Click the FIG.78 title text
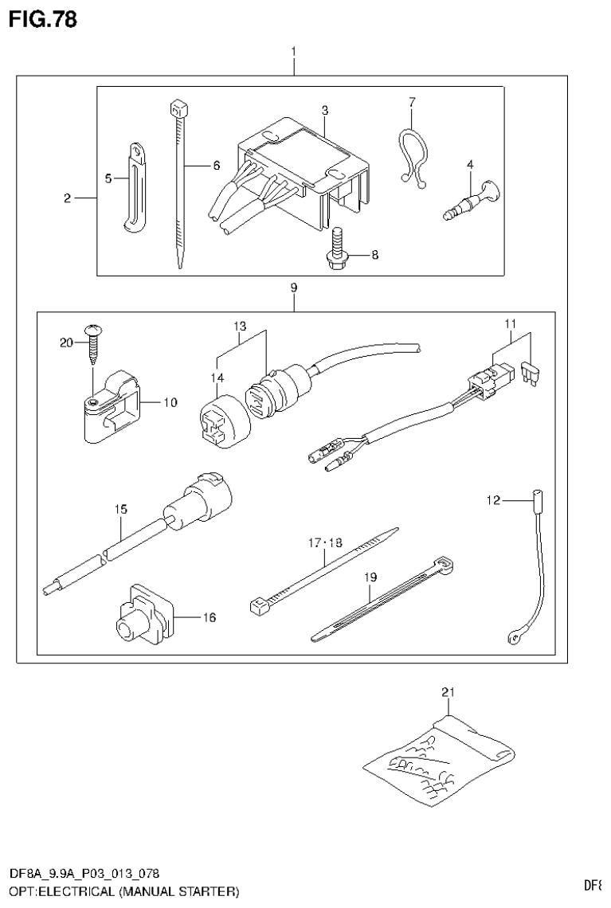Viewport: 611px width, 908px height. tap(44, 19)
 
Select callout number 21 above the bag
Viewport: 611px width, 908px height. tap(448, 693)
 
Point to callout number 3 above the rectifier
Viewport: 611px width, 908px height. tap(325, 109)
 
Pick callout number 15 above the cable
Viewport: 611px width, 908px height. tap(120, 507)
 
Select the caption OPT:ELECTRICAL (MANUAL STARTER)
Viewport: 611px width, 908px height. tap(123, 889)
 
